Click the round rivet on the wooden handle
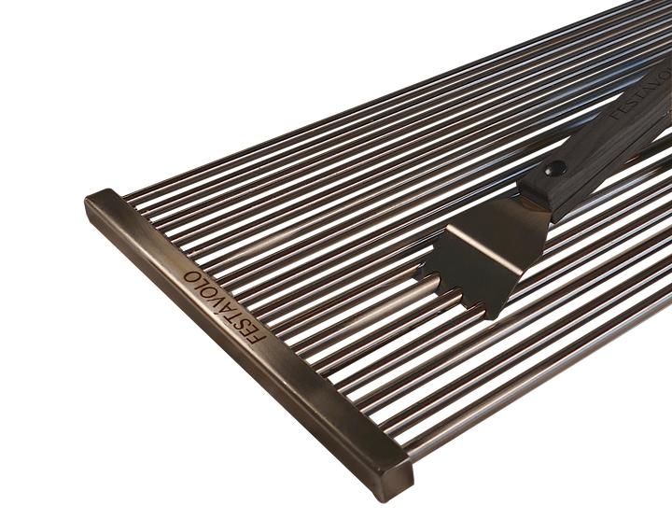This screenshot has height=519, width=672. (x=556, y=168)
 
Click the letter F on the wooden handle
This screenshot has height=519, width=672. (x=617, y=116)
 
